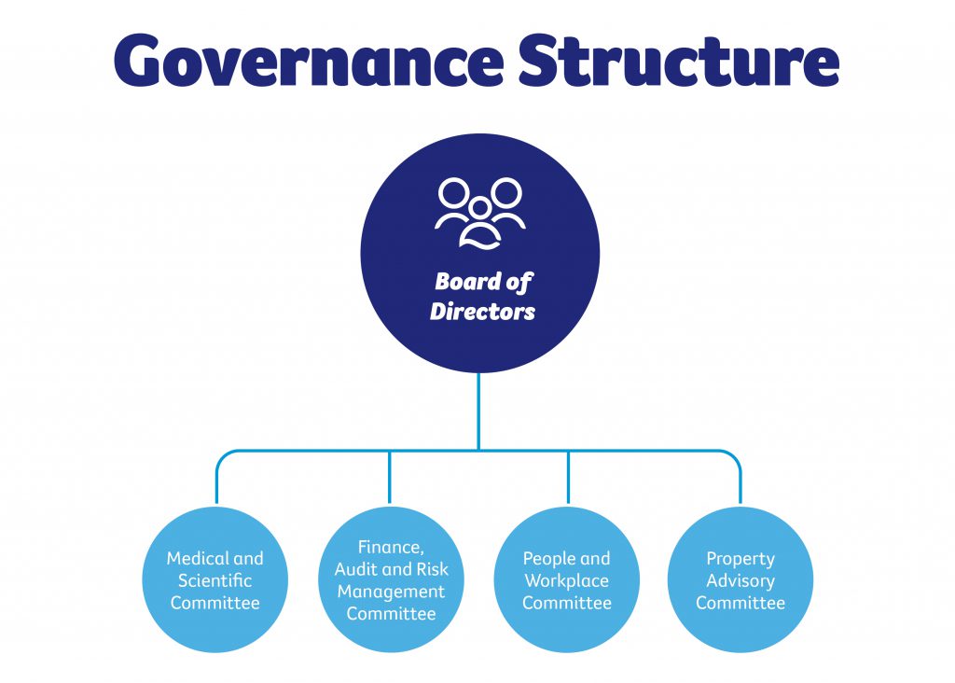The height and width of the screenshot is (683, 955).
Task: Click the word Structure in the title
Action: pos(679,62)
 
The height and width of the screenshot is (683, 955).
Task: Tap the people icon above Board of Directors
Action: pos(479,213)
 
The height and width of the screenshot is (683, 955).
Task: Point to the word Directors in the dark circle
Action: pos(482,312)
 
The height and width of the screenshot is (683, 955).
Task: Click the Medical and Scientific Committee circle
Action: pos(215,580)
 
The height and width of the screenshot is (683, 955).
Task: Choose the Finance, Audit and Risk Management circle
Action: pos(391,580)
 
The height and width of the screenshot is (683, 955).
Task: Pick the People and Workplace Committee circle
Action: pos(567,580)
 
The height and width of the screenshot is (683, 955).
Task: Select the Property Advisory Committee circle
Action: pos(741,580)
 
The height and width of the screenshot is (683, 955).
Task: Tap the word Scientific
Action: pos(215,580)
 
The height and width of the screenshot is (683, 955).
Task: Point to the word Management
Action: pos(391,592)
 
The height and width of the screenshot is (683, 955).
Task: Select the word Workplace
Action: pos(567,580)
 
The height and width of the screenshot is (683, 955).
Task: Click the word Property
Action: pos(740,559)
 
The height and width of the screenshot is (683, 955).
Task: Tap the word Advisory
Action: pos(740,580)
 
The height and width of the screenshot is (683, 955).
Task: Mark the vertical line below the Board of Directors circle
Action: pos(478,411)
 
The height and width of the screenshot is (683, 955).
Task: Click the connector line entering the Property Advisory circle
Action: pos(741,485)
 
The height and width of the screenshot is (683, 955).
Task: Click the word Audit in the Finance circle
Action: pos(355,570)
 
